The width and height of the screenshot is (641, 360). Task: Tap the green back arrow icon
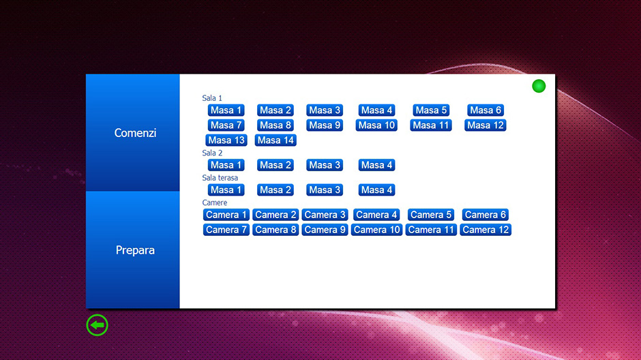tap(98, 325)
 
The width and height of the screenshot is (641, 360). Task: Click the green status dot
tap(539, 86)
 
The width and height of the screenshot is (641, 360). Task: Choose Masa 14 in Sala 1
tap(275, 140)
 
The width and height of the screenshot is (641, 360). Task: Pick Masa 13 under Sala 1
tap(226, 140)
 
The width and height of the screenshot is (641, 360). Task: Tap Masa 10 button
tap(376, 125)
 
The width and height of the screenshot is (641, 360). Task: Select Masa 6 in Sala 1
tap(486, 110)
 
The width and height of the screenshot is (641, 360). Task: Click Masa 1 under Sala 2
tap(226, 165)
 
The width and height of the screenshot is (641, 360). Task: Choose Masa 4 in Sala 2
tap(376, 165)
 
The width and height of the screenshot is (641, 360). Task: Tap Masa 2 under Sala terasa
tap(275, 190)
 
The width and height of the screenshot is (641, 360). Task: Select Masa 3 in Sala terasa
tap(325, 190)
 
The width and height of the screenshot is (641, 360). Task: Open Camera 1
tap(226, 215)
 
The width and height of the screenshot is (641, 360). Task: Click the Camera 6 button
tap(486, 215)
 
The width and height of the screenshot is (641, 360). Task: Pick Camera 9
tap(325, 230)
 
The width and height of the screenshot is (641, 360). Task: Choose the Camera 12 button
tap(486, 230)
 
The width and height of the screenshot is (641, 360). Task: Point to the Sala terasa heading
tap(220, 178)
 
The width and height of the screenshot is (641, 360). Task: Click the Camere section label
tap(215, 202)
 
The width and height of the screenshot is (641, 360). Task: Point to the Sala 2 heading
tap(212, 153)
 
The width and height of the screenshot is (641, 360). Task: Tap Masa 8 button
tap(275, 125)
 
